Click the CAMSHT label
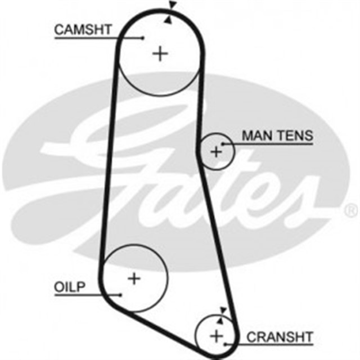tap(82, 29)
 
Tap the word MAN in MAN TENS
tap(254, 136)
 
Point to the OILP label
tap(69, 287)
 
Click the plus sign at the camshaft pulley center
tap(161, 53)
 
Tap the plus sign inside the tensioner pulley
tap(216, 151)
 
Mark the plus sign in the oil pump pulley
tap(134, 278)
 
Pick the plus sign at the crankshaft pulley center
tap(216, 336)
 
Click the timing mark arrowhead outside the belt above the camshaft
tap(172, 5)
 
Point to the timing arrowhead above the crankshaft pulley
tap(223, 310)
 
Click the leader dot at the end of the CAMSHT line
tap(143, 38)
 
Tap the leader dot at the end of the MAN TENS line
tap(223, 145)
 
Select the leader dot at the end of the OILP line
tap(120, 294)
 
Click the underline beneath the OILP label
tap(84, 294)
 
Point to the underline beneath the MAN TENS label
tap(270, 145)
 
